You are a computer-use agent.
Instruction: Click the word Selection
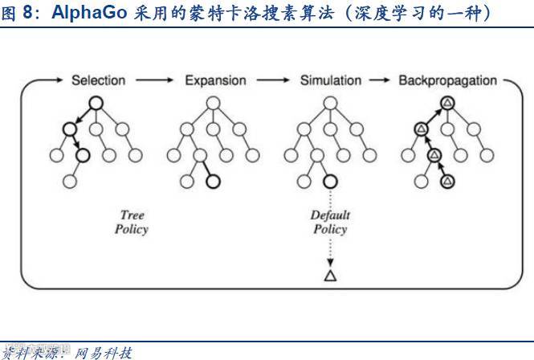[x=99, y=80]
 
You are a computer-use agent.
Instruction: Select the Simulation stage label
[x=331, y=80]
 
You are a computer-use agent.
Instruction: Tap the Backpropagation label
[x=448, y=80]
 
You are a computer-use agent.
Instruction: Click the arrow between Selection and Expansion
[x=154, y=80]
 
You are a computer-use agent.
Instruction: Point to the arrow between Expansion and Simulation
[x=273, y=80]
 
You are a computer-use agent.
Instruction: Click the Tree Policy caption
[x=132, y=222]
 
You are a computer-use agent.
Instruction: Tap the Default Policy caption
[x=328, y=222]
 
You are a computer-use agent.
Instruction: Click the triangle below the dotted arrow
[x=329, y=276]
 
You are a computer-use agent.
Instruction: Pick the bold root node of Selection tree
[x=95, y=102]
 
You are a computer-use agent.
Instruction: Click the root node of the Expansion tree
[x=213, y=102]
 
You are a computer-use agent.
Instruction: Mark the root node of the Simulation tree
[x=329, y=102]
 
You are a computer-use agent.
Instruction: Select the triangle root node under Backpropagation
[x=447, y=102]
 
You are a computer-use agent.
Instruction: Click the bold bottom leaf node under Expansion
[x=213, y=181]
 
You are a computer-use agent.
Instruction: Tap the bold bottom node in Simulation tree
[x=329, y=181]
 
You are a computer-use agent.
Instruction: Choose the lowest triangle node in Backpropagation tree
[x=447, y=181]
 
